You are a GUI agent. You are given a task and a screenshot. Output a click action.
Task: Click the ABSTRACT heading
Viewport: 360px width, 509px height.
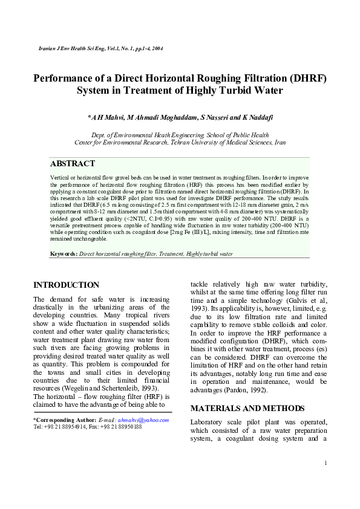coord(73,164)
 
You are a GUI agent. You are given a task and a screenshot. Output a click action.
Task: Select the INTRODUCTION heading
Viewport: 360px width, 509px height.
coord(66,285)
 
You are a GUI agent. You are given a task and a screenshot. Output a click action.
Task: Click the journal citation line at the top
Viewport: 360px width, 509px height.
coord(92,48)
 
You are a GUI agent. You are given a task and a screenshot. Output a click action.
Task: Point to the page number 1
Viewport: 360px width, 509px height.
coord(326,464)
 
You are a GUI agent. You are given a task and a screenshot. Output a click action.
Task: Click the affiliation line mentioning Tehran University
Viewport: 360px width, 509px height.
coord(180,143)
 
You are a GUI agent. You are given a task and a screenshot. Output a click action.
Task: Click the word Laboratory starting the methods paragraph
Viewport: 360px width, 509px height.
coord(212,421)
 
